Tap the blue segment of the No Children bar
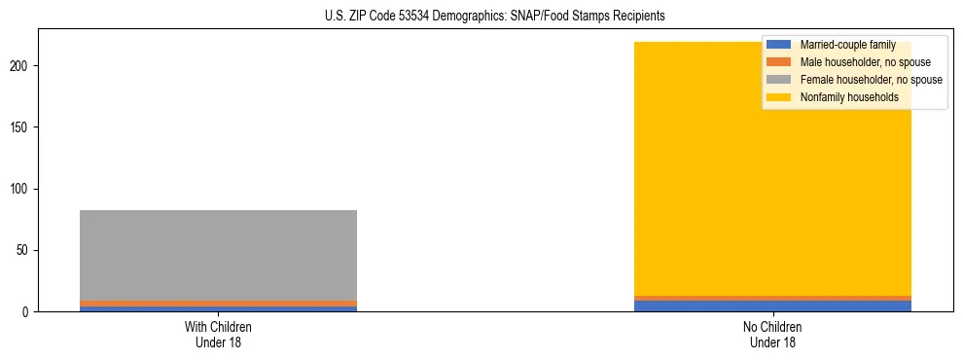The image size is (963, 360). pyautogui.click(x=772, y=306)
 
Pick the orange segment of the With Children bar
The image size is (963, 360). pyautogui.click(x=218, y=304)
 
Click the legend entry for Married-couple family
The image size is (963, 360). pyautogui.click(x=846, y=46)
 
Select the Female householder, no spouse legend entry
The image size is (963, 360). pyautogui.click(x=871, y=80)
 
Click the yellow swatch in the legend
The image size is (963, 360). pyautogui.click(x=779, y=97)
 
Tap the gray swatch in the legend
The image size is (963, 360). pyautogui.click(x=779, y=80)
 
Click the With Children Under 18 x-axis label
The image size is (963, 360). pyautogui.click(x=218, y=335)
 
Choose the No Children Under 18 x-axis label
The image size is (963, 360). pyautogui.click(x=772, y=335)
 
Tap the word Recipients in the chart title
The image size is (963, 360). pyautogui.click(x=635, y=16)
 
